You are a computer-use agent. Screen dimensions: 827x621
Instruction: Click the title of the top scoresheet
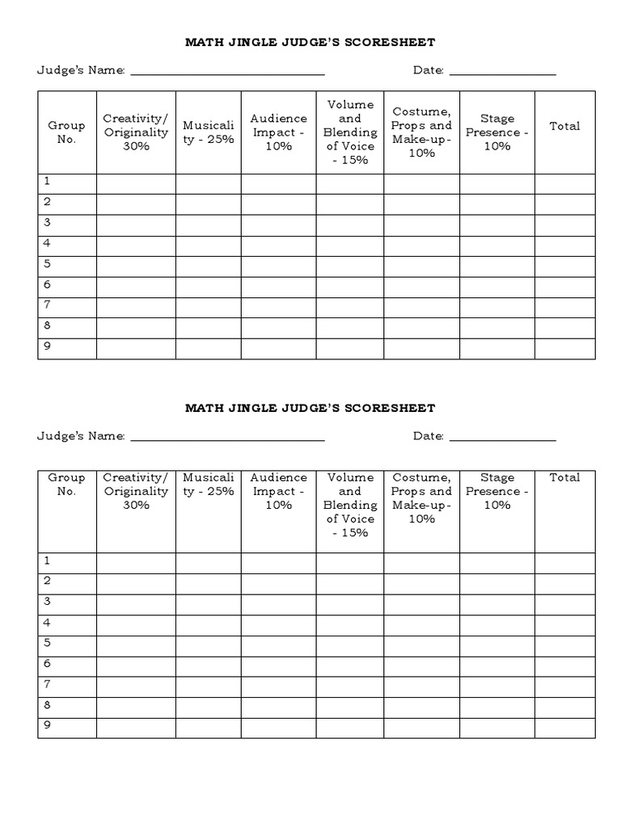click(310, 42)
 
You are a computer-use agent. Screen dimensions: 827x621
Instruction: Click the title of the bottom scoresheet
click(310, 408)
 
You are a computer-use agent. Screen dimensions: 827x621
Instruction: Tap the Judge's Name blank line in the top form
click(227, 72)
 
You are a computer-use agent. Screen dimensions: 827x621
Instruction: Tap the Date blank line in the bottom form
click(502, 438)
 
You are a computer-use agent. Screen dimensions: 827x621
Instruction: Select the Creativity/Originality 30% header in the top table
click(136, 132)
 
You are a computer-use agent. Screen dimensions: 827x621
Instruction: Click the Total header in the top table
click(564, 126)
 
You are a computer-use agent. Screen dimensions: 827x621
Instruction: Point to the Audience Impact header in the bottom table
click(278, 491)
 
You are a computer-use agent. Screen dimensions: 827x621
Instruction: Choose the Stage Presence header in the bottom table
click(496, 491)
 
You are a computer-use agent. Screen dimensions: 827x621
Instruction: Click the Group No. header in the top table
click(66, 132)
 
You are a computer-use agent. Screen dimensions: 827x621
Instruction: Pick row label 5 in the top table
click(48, 264)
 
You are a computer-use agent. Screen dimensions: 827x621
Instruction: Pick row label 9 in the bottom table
click(48, 724)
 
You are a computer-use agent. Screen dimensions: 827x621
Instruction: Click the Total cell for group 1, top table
click(564, 183)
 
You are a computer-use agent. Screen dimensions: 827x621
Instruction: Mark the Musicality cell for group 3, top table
click(208, 225)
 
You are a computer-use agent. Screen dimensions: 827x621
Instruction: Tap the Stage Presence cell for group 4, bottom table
click(496, 624)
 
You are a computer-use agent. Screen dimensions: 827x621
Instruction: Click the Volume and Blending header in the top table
click(349, 132)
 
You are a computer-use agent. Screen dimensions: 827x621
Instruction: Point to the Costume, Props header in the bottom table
click(421, 497)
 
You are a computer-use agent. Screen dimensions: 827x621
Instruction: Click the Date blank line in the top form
click(502, 72)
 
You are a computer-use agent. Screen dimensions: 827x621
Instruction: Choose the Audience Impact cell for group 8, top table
click(278, 328)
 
